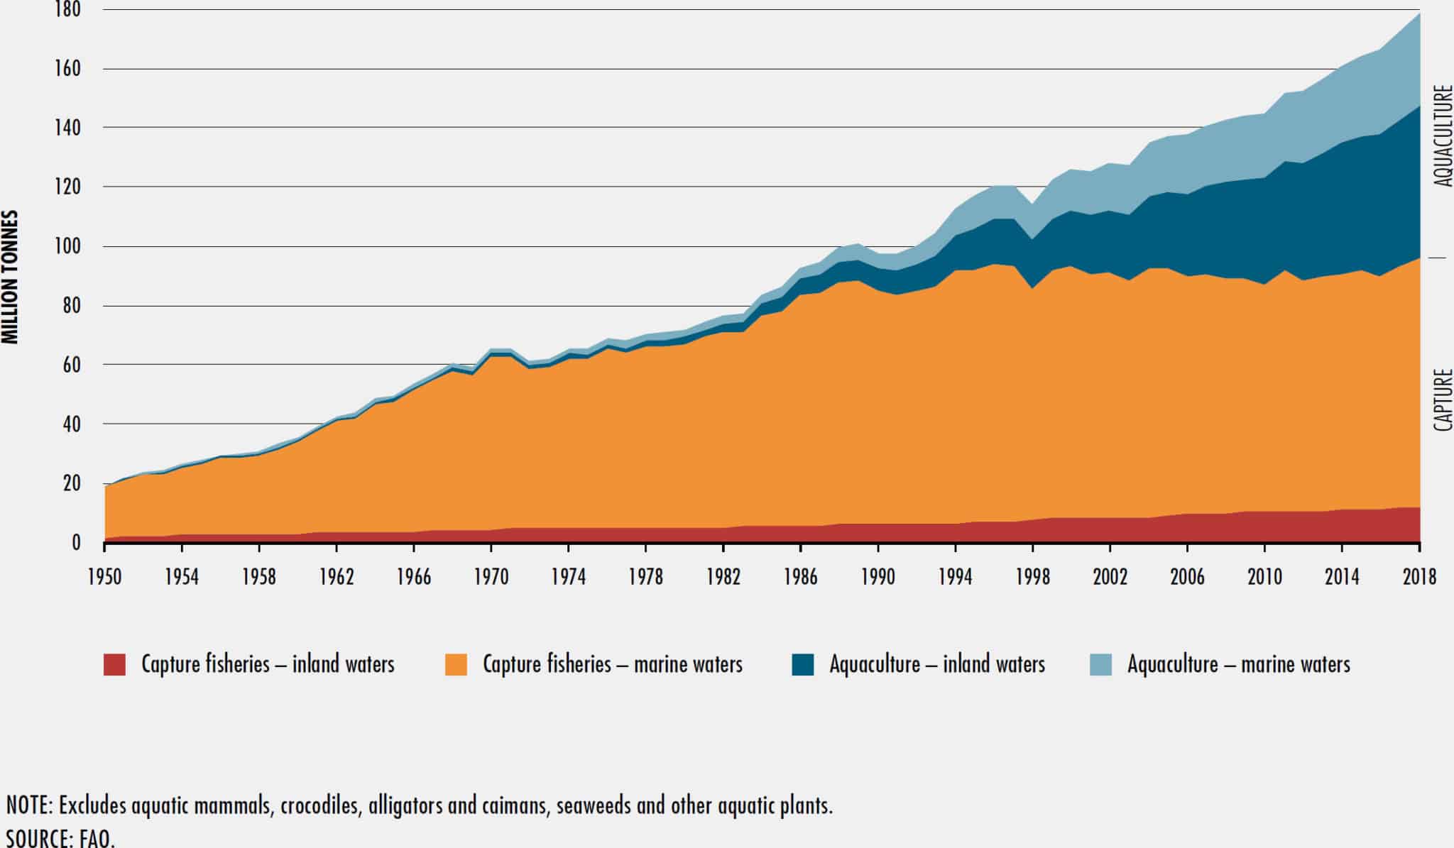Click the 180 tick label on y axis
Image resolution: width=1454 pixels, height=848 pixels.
[67, 10]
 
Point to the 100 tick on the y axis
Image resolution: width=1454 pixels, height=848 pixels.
[67, 247]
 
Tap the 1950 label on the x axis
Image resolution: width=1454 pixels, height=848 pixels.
[104, 577]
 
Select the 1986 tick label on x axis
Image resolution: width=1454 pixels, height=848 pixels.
[800, 577]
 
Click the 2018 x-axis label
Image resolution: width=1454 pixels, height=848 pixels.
[1419, 577]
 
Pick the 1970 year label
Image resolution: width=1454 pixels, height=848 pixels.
[491, 577]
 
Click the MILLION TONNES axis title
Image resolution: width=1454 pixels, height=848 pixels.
[10, 277]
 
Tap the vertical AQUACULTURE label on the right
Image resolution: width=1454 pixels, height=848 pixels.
[1443, 136]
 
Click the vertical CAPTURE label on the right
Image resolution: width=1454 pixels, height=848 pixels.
[1443, 400]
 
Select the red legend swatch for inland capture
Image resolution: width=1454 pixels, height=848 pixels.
[114, 665]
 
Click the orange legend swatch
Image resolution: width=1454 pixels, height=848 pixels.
[456, 665]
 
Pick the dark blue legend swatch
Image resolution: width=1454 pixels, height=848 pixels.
[803, 665]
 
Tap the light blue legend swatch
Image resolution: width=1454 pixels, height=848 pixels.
[1100, 665]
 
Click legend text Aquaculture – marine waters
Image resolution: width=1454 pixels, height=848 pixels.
[1238, 665]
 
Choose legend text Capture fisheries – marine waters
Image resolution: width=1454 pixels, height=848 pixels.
[612, 665]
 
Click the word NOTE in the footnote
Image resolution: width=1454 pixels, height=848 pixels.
[28, 806]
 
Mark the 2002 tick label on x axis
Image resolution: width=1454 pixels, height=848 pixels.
[1110, 577]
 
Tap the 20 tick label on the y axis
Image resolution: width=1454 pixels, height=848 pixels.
[70, 484]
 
